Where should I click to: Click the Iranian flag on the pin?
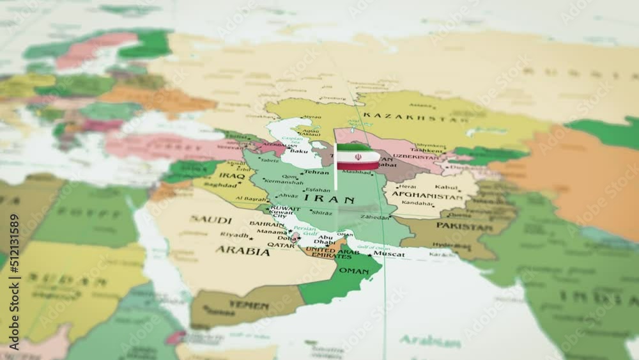358,157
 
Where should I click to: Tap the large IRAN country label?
330,200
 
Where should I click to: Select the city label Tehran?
316,172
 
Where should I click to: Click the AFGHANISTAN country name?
427,196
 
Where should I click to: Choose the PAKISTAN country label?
465,225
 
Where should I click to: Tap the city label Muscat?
389,254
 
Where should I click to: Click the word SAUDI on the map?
210,220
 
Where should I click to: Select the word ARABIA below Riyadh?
242,251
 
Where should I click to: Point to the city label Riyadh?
235,235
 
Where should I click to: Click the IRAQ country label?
232,175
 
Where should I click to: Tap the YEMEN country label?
249,305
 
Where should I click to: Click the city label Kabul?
446,187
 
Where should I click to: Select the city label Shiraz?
321,212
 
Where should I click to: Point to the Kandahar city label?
417,203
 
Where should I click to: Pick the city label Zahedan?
374,217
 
